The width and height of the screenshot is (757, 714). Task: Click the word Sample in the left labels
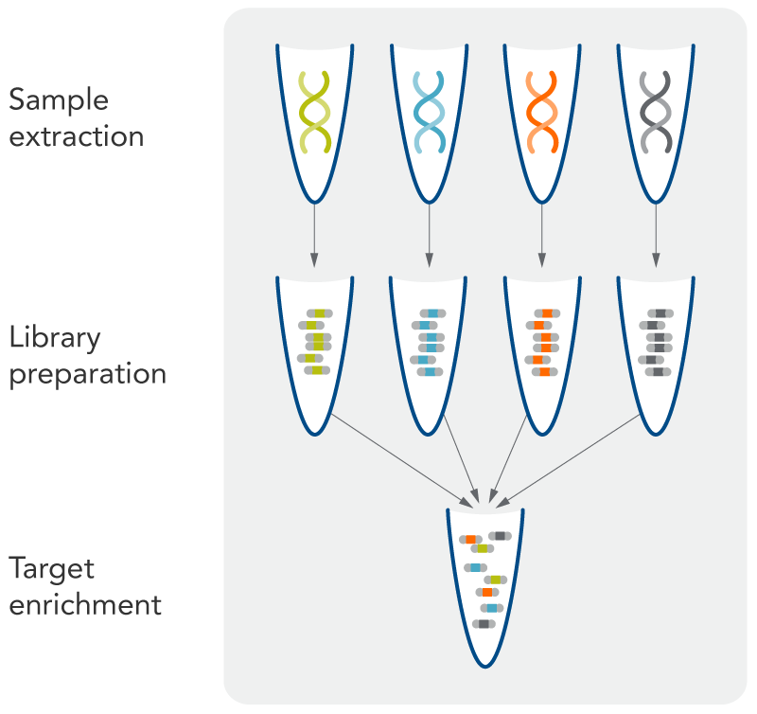click(59, 101)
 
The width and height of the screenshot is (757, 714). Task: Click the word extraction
click(77, 136)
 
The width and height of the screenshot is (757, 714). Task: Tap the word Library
click(55, 338)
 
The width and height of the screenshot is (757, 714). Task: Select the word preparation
click(88, 373)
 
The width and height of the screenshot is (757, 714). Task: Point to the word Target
click(52, 569)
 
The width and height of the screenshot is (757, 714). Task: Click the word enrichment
click(85, 604)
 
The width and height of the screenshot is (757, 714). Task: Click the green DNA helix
click(314, 112)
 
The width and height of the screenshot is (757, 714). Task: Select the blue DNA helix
click(429, 112)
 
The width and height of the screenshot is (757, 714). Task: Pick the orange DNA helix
click(542, 112)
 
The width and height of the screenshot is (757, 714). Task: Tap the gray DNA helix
click(656, 112)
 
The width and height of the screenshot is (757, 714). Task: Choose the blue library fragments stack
click(429, 341)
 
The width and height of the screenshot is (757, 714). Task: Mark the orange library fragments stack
click(542, 341)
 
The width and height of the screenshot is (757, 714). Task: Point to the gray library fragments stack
click(656, 341)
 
